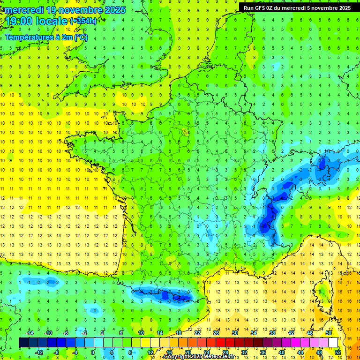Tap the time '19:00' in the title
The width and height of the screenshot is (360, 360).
click(x=18, y=21)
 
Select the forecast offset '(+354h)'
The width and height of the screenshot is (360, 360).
click(x=83, y=21)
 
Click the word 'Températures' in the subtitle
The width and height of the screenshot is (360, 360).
click(x=28, y=37)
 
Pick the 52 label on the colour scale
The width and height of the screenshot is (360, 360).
click(x=338, y=352)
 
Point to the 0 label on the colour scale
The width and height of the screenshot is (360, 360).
click(x=93, y=352)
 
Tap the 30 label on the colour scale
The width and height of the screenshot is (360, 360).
click(x=235, y=333)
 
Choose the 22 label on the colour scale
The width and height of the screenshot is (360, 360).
click(x=197, y=333)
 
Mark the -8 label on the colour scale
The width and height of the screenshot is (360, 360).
click(x=57, y=352)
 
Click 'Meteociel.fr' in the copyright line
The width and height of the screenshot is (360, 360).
click(x=217, y=357)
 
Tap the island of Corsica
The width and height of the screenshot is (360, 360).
click(x=321, y=291)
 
